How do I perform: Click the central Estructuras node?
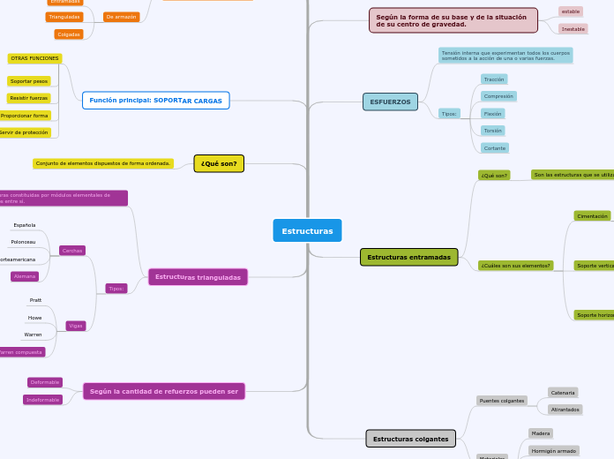[307, 230]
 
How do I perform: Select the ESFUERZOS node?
[390, 102]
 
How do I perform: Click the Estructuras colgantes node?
[410, 439]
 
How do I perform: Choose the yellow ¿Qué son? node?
[219, 163]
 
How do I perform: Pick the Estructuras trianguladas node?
[198, 277]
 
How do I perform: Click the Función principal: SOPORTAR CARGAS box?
[156, 101]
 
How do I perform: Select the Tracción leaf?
[494, 79]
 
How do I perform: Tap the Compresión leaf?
[498, 96]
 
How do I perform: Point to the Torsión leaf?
[492, 131]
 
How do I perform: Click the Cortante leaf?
[495, 147]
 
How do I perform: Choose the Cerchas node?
[72, 251]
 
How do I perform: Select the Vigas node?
[76, 326]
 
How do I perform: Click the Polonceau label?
[24, 242]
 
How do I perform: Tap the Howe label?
[35, 318]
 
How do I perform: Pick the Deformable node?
[44, 382]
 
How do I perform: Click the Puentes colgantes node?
[501, 401]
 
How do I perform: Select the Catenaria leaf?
[563, 392]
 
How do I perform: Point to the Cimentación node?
[592, 215]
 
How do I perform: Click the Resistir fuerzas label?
[29, 98]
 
